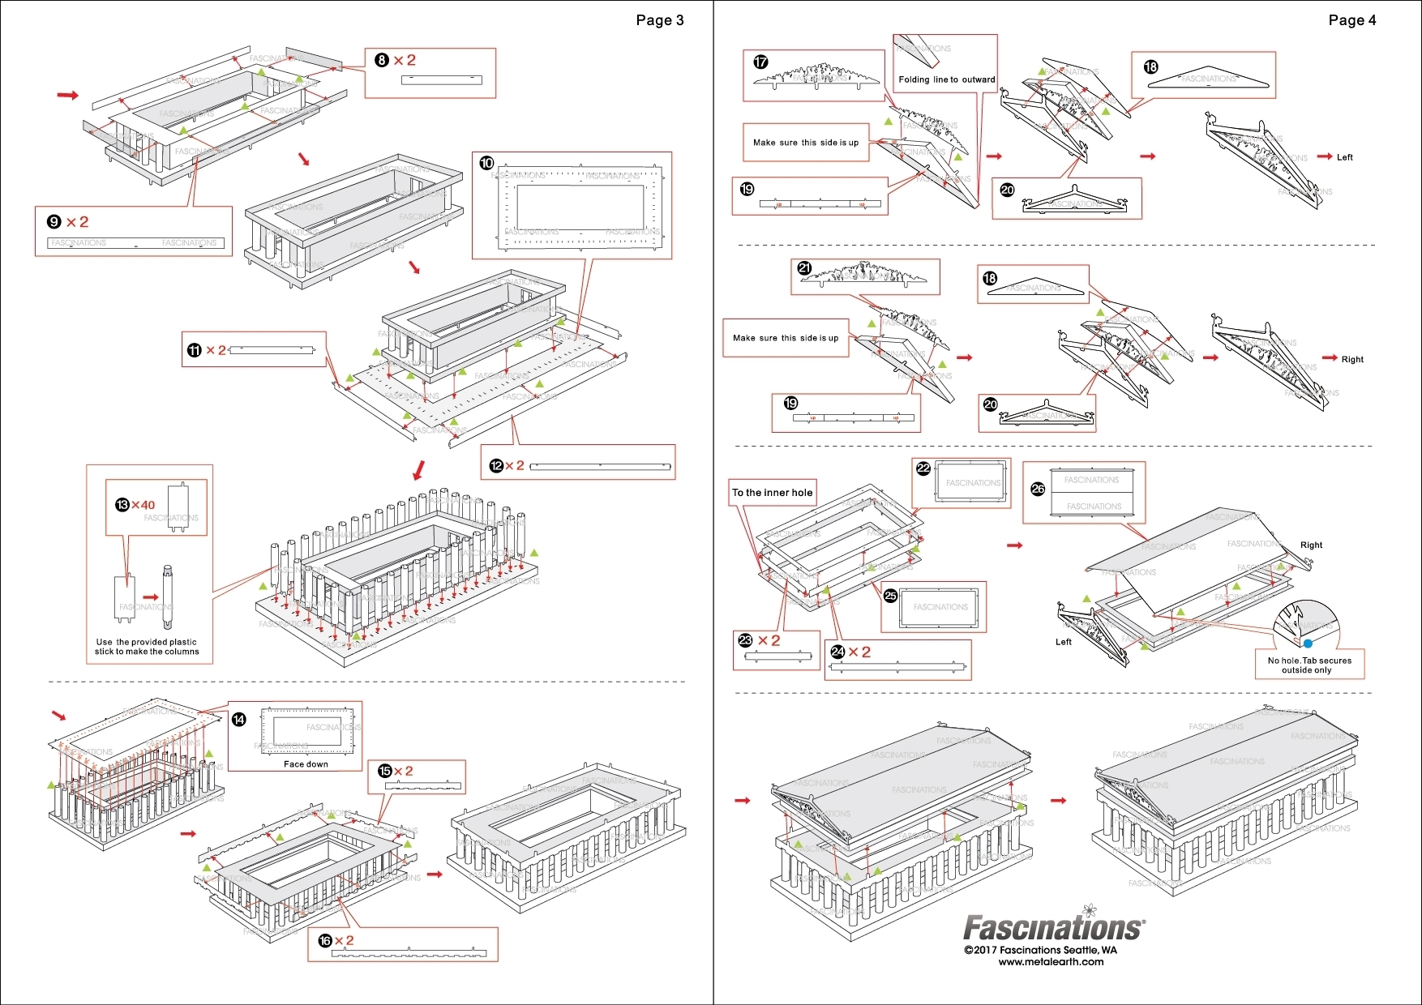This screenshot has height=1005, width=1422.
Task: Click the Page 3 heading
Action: pos(659,20)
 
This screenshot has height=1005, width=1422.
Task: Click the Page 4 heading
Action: pos(1351,20)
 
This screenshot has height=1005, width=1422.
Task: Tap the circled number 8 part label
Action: pos(382,60)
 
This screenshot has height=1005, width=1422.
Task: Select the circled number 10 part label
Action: pos(486,163)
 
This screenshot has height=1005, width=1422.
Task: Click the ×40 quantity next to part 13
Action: pos(143,505)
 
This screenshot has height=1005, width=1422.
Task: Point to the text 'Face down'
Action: pos(306,763)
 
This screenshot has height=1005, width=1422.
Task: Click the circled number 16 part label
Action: pos(325,940)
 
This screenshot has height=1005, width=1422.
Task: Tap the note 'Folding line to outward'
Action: pos(946,79)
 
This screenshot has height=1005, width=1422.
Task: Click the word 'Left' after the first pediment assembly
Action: pos(1344,157)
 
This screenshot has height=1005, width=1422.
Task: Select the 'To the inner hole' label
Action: pos(772,492)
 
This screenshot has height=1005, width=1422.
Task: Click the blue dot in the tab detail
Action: pos(1308,644)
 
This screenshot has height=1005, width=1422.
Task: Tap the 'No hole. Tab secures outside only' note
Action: pos(1309,665)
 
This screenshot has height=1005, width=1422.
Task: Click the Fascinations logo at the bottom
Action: pos(1053,926)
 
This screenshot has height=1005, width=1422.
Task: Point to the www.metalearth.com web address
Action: pos(1051,962)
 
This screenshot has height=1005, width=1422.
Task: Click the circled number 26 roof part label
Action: pos(1037,489)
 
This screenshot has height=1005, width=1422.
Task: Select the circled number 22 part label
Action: pos(923,468)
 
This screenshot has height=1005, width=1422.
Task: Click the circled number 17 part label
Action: pos(760,62)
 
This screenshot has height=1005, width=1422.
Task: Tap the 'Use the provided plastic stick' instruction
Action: pos(147,646)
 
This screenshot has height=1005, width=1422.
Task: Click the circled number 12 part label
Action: pos(496,466)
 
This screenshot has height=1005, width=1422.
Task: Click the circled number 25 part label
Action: pos(890,596)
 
